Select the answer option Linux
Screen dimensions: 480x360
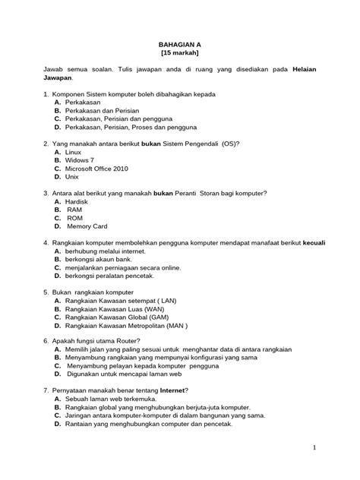(74, 152)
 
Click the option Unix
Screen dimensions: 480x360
(72, 177)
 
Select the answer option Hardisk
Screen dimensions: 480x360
(77, 202)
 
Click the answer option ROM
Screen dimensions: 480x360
(74, 218)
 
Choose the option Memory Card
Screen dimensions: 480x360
(88, 226)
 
